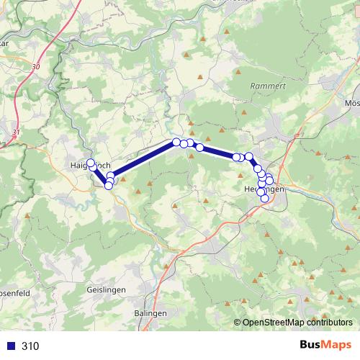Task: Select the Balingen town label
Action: pos(150,314)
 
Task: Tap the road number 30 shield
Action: pos(36,66)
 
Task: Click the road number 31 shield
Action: pos(16,132)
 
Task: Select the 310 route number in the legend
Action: pos(30,346)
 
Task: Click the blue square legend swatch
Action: pos(9,346)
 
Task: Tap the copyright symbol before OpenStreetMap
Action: pos(238,323)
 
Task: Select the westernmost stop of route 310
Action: pos(91,163)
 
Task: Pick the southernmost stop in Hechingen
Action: pos(265,198)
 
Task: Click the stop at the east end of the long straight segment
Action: pos(176,142)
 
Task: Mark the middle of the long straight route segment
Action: pos(143,159)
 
